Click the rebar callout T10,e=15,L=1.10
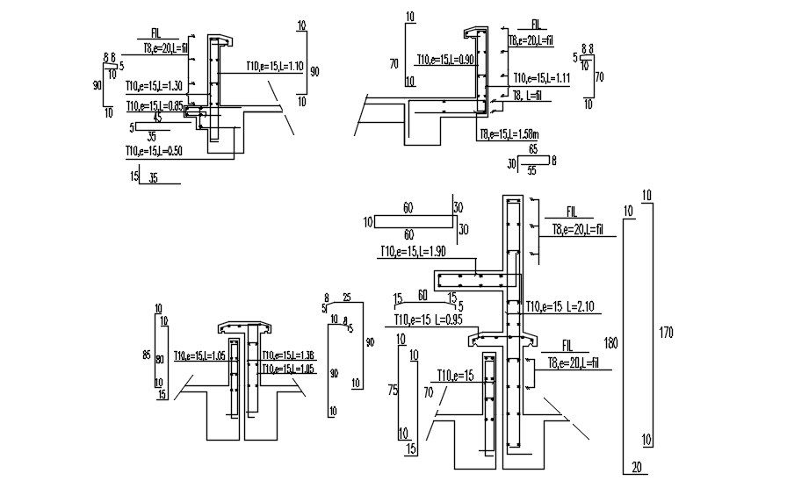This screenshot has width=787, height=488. point(262,67)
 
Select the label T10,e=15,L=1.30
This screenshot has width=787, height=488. point(154,86)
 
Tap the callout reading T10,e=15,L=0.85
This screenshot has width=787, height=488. point(154,106)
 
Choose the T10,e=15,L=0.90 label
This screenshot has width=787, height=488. point(445,60)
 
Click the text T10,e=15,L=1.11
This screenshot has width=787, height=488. point(542,78)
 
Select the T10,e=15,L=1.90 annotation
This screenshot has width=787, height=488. point(413,252)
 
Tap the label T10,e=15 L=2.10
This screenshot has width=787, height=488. point(561,306)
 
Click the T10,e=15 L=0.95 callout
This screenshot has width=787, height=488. point(428,319)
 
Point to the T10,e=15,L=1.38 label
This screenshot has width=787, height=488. point(294,355)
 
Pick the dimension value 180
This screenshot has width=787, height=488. point(611,342)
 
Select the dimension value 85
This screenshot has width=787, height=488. point(147,355)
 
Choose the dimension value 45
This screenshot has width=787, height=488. point(157,117)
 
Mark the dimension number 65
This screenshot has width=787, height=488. point(533,150)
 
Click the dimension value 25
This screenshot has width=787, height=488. point(347,298)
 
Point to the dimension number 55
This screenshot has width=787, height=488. point(531,171)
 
